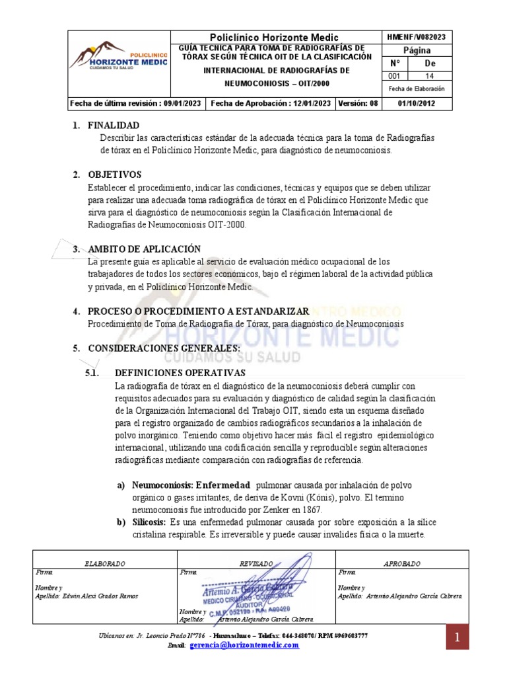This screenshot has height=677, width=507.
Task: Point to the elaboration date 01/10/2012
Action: point(416,103)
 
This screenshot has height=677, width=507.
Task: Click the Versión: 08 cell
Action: point(358,103)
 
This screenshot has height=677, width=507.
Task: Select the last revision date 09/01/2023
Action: point(136,103)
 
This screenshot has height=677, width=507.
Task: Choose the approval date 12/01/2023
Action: point(271,103)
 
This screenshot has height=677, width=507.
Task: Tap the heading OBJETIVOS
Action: point(115,175)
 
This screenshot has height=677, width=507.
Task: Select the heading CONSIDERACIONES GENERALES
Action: point(164,348)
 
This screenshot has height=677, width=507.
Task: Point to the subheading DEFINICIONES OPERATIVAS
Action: point(176,373)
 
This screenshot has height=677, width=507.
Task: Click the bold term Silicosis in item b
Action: point(150,522)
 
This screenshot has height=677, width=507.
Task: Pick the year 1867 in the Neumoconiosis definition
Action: point(310,510)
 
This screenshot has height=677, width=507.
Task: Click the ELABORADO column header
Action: point(105,563)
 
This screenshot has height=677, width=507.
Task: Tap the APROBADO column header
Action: point(401,563)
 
